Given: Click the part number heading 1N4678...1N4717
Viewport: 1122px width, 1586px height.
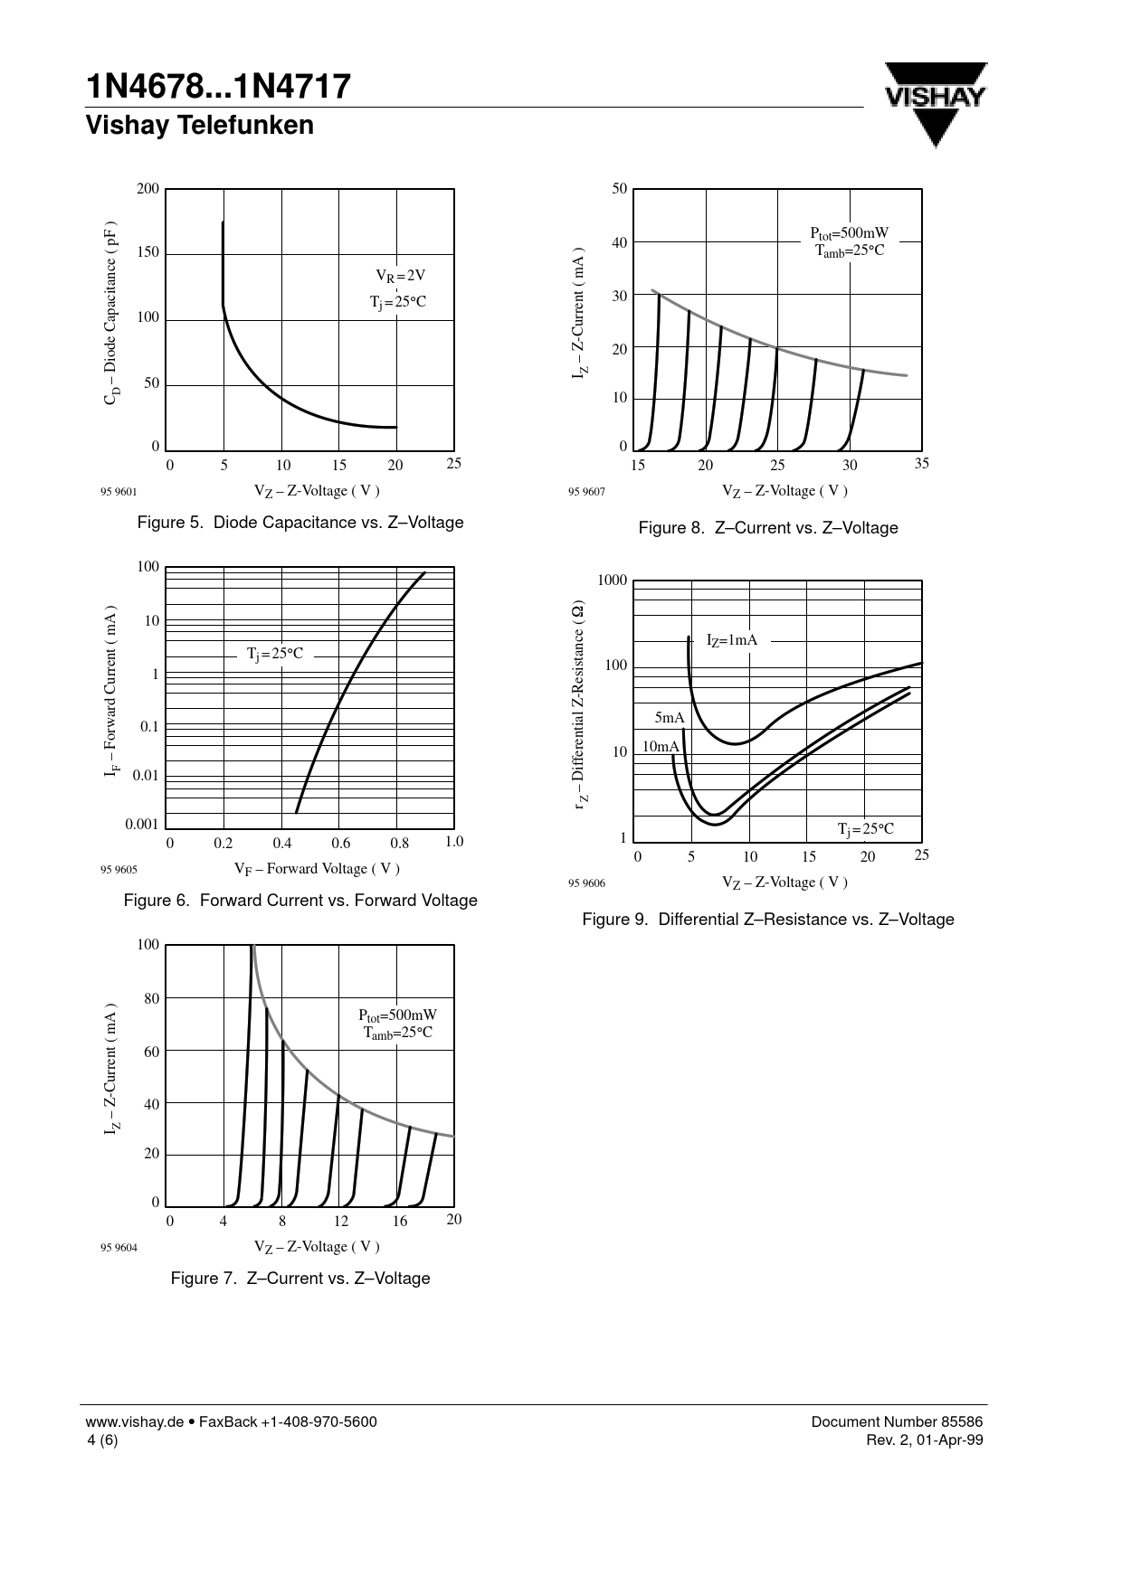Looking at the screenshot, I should (x=218, y=87).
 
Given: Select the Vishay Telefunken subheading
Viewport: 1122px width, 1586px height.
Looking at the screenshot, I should (x=199, y=126).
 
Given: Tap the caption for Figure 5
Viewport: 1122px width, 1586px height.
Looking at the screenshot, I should (x=300, y=523).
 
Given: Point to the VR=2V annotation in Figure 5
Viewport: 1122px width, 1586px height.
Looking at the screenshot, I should (x=400, y=276).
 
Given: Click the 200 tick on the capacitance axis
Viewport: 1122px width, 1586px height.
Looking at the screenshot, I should (x=147, y=189).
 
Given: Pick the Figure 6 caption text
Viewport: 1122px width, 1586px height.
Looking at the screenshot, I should (x=300, y=901).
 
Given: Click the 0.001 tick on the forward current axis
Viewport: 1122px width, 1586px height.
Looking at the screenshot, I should (x=142, y=824).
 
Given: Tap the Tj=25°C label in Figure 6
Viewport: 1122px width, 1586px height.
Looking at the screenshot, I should (x=275, y=654).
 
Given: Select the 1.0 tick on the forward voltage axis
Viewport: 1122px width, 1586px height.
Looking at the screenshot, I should (x=454, y=842).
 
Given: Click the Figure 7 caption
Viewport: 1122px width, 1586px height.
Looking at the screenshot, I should (x=300, y=1279).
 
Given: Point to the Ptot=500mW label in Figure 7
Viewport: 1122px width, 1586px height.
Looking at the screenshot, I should (x=397, y=1015).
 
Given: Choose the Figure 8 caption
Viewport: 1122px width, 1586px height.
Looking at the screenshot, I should (x=767, y=528).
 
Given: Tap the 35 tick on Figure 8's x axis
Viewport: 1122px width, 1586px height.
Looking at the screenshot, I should (x=921, y=464).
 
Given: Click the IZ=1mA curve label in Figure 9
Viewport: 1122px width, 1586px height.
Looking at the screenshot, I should (x=731, y=641).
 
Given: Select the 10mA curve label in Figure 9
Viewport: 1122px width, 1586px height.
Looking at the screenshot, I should (x=660, y=747).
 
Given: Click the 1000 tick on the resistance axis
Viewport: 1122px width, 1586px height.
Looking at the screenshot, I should (x=612, y=581).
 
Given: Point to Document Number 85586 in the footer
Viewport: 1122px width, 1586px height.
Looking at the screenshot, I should (x=896, y=1421).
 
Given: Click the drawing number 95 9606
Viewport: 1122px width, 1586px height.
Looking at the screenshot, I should (x=586, y=883).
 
